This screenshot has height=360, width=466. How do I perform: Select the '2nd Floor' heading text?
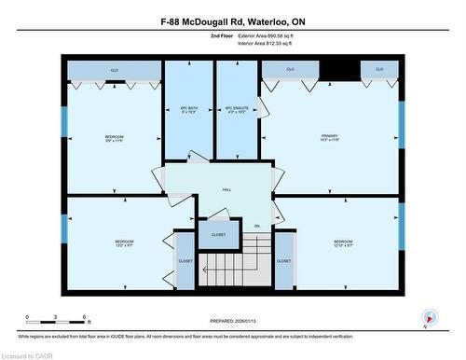click(222, 37)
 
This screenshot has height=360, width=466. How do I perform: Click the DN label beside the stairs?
click(256, 226)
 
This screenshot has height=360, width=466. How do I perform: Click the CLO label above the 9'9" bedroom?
click(114, 71)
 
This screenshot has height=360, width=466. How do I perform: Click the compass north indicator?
click(429, 316)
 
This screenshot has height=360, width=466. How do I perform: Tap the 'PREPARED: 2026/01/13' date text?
click(233, 321)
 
